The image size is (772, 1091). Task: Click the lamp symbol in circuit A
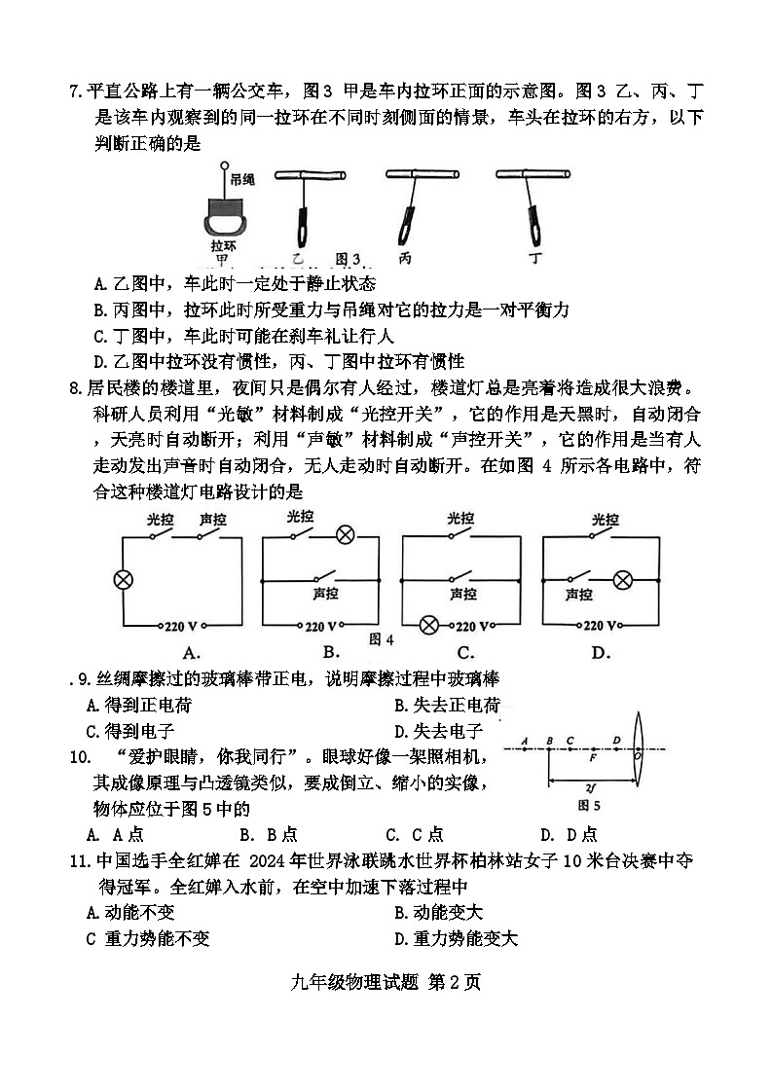pyautogui.click(x=123, y=580)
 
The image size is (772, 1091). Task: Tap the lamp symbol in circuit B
pyautogui.click(x=345, y=533)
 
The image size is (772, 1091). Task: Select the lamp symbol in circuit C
pyautogui.click(x=428, y=626)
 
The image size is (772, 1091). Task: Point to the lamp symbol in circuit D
pyautogui.click(x=623, y=580)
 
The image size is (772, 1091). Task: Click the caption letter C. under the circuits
pyautogui.click(x=465, y=652)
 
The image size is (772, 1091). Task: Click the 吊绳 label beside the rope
pyautogui.click(x=242, y=179)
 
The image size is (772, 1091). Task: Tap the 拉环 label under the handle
pyautogui.click(x=224, y=246)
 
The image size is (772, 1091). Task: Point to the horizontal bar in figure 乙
pyautogui.click(x=309, y=174)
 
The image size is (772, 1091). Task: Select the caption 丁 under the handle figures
pyautogui.click(x=535, y=259)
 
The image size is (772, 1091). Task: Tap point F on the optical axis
pyautogui.click(x=594, y=752)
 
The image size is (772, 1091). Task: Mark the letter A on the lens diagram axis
pyautogui.click(x=524, y=740)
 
